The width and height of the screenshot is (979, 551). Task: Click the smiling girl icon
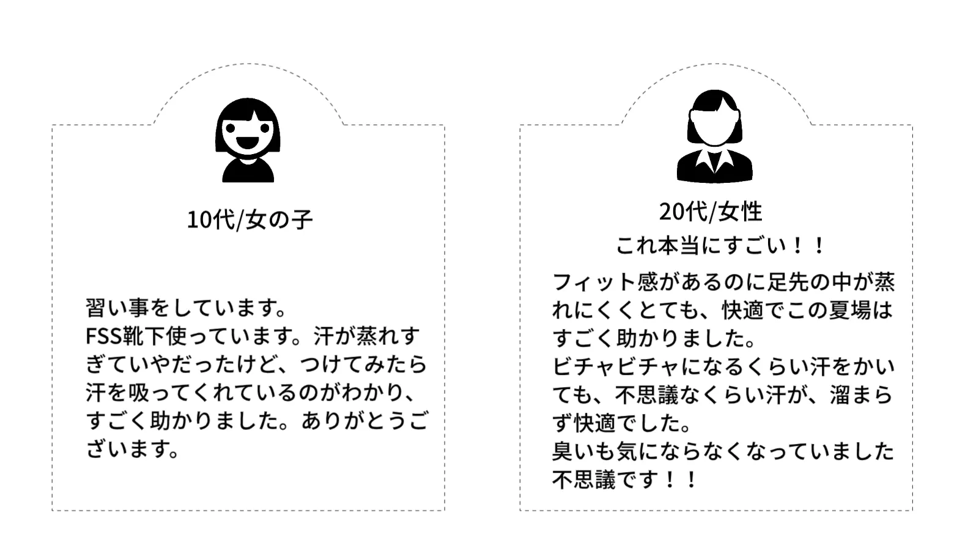[x=248, y=140]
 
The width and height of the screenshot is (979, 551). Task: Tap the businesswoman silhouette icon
[x=714, y=137]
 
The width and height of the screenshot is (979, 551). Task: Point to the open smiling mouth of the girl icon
[x=248, y=143]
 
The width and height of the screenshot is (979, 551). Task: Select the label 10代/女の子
[x=249, y=220]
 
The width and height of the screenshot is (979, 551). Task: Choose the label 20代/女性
[x=711, y=212]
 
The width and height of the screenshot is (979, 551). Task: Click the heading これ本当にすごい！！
[x=720, y=246]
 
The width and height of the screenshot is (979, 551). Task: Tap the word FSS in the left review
[x=104, y=336]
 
